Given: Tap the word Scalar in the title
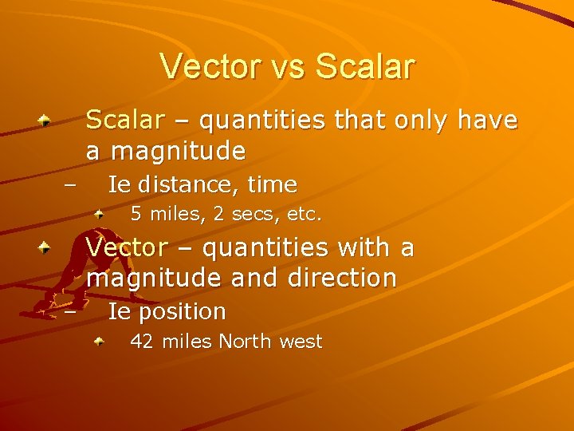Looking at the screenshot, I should click(365, 66).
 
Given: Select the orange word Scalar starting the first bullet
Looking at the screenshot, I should click(124, 121).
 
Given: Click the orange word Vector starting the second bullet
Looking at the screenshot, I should click(127, 248).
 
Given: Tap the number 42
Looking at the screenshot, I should click(142, 342).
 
